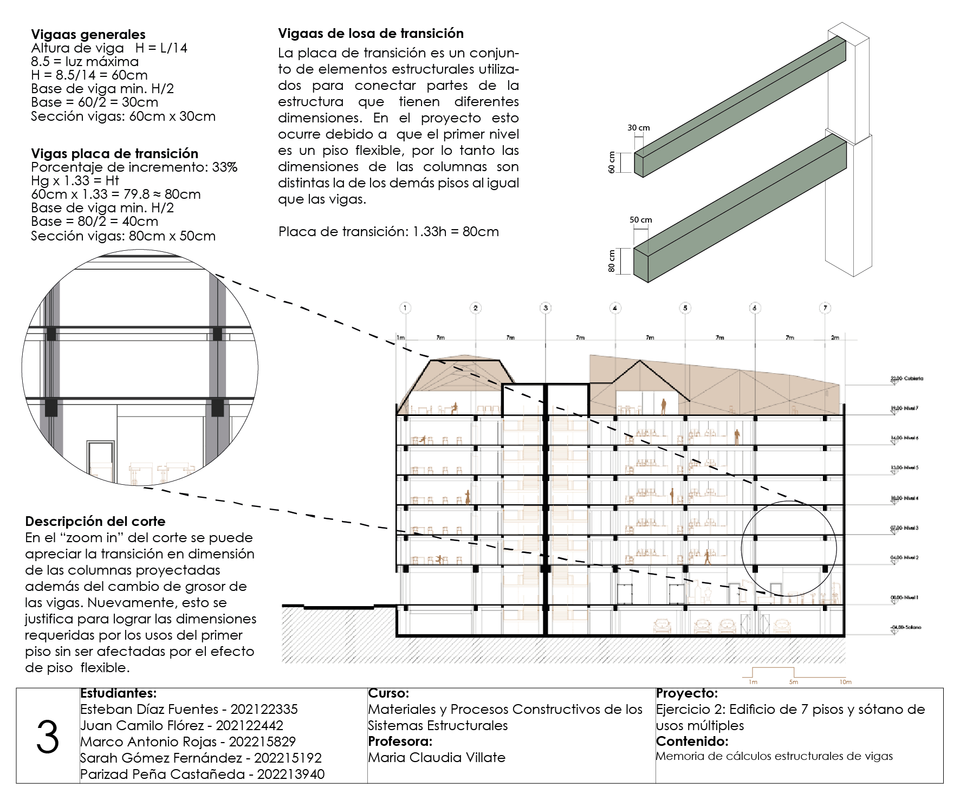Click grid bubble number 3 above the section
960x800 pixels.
(x=546, y=308)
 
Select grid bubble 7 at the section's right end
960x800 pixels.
(x=825, y=308)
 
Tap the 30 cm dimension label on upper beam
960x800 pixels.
(x=639, y=128)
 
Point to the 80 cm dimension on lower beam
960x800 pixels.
(x=612, y=261)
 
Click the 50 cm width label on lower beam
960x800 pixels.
(x=640, y=220)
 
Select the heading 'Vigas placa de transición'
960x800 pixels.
(x=114, y=153)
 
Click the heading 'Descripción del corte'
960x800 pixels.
(x=95, y=521)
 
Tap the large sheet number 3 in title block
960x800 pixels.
(x=48, y=737)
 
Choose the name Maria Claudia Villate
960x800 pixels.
(x=437, y=757)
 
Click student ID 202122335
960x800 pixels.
(x=264, y=709)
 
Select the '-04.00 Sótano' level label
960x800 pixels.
(x=906, y=627)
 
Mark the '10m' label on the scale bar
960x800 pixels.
(x=846, y=682)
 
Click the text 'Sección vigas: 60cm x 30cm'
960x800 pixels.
(x=123, y=116)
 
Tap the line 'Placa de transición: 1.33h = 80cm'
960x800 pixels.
(x=388, y=232)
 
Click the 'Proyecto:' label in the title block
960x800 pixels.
(x=686, y=693)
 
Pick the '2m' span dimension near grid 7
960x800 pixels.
(x=835, y=337)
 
